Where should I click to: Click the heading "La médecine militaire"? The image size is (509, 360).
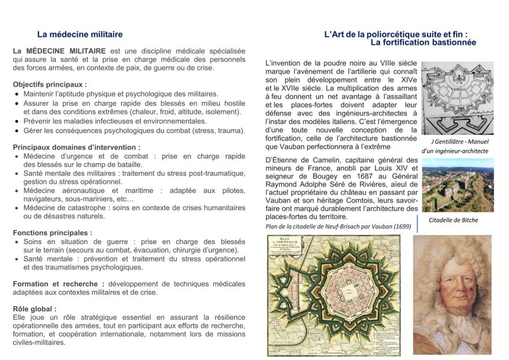80,35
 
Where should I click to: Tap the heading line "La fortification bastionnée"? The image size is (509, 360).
423,42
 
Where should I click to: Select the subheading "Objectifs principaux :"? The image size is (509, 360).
50,84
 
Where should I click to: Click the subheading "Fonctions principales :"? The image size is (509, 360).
52,233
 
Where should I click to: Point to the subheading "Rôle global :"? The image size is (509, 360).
34,309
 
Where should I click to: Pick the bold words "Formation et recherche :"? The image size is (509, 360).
58,284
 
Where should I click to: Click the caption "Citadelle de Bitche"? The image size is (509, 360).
453,220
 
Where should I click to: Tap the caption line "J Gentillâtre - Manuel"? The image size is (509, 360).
460,142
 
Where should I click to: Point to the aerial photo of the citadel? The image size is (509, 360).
458,186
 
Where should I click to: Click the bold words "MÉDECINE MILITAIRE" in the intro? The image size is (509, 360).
66,51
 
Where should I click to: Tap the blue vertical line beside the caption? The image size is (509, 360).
417,223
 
